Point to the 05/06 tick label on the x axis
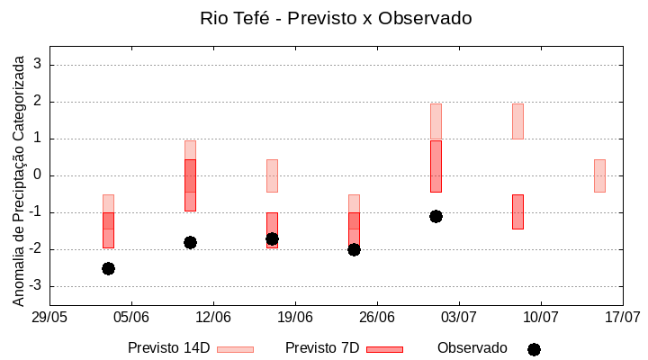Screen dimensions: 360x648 [x=131, y=317]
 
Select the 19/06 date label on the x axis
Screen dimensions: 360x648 [x=295, y=317]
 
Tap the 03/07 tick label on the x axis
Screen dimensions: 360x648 [x=459, y=317]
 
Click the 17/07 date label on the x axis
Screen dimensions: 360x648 [x=622, y=317]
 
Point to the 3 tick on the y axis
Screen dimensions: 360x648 [x=39, y=65]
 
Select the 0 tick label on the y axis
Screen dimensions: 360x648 [x=39, y=175]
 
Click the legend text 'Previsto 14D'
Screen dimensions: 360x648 [x=168, y=348]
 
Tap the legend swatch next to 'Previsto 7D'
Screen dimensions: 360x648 [x=384, y=348]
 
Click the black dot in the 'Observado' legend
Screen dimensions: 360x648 [x=534, y=349]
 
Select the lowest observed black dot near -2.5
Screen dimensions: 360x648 [x=108, y=268]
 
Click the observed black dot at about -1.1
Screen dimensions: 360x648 [x=436, y=216]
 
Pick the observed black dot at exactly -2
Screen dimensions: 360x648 [x=354, y=249]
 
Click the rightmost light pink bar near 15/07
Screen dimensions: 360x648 [x=599, y=175]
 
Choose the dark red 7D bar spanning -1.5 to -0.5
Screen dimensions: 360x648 [x=517, y=211]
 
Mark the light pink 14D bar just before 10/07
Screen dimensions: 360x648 [x=517, y=121]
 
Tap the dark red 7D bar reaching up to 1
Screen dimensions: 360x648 [x=436, y=166]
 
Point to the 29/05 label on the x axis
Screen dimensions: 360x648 [x=49, y=317]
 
